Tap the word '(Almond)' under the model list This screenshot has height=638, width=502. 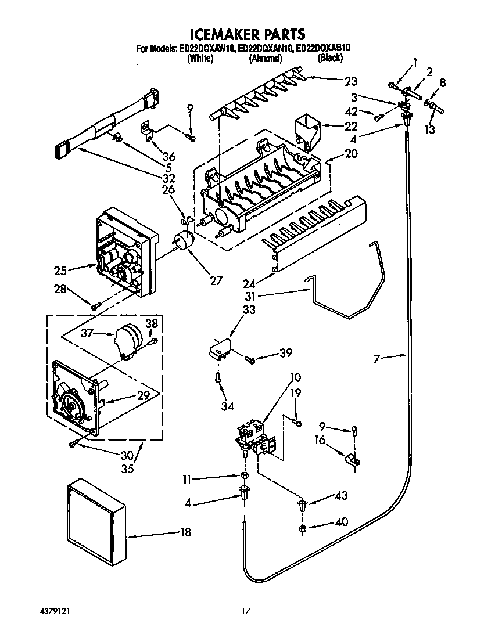(266, 58)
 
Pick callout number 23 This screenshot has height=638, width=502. (350, 81)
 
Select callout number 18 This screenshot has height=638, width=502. (185, 532)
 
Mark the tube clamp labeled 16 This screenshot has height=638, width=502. (352, 460)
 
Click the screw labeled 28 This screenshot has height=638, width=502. (96, 305)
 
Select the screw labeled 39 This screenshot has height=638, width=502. (250, 360)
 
